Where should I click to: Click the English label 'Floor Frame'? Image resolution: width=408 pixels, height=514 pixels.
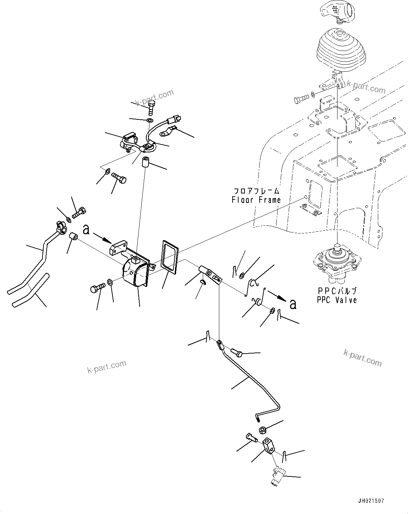(256, 200)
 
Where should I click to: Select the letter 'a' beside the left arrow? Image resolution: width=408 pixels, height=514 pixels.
(86, 230)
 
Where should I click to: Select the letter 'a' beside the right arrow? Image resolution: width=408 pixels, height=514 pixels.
(293, 304)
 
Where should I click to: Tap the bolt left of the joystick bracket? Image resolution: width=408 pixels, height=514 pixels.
(299, 99)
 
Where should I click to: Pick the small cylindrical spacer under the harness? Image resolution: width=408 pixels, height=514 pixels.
(146, 163)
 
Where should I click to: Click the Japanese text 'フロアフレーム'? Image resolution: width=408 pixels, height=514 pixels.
(257, 191)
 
